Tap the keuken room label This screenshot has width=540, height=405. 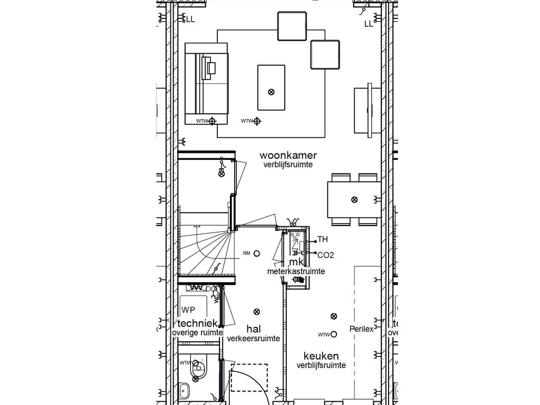tap(321, 356)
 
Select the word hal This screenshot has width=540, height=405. tap(253, 329)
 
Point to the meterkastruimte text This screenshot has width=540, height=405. tap(295, 272)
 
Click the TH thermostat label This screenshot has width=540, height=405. tap(322, 240)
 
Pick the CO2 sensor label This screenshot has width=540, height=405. tap(325, 255)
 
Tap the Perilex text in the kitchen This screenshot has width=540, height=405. tap(361, 329)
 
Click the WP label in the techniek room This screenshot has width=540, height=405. tap(188, 310)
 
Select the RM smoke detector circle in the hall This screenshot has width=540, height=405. tap(257, 253)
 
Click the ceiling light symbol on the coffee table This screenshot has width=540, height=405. tap(272, 92)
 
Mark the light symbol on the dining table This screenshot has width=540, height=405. tap(354, 199)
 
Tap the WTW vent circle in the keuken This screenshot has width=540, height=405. tap(334, 334)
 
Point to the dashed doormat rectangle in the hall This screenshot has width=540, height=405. tap(249, 377)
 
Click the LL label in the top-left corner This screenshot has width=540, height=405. tap(190, 20)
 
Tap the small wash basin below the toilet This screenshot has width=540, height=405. tap(185, 391)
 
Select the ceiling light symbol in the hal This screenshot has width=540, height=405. tap(257, 312)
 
